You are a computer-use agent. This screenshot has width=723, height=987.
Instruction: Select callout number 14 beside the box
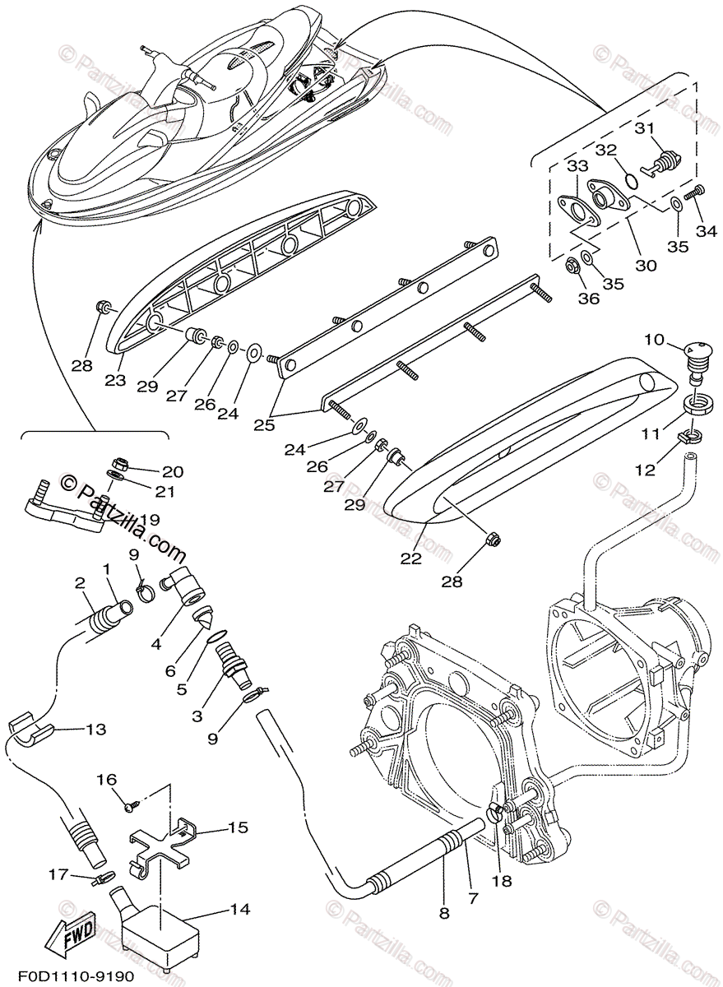(239, 910)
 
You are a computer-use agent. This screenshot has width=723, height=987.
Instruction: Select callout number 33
(577, 165)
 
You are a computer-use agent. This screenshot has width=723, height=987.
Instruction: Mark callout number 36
(588, 299)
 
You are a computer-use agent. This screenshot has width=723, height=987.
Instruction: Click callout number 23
(115, 380)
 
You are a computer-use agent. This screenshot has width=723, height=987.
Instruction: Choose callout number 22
(410, 558)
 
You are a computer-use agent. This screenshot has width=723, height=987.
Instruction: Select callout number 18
(501, 881)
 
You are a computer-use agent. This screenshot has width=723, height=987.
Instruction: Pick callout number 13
(96, 729)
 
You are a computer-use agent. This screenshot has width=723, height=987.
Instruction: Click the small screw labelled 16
(129, 808)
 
